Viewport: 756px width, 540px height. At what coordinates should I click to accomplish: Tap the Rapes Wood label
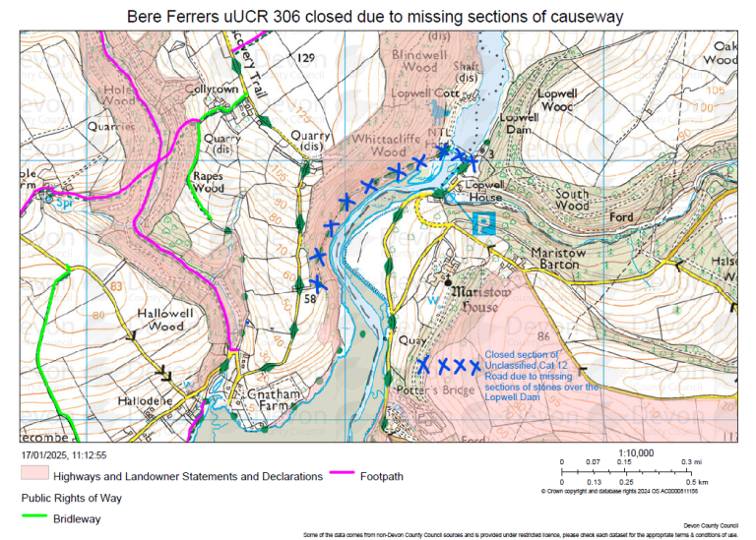pyautogui.click(x=208, y=181)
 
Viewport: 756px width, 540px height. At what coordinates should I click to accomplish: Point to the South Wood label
pyautogui.click(x=572, y=200)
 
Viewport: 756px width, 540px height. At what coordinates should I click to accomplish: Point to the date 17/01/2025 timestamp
pyautogui.click(x=64, y=455)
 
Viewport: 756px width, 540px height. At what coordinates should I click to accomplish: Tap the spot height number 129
pyautogui.click(x=306, y=59)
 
